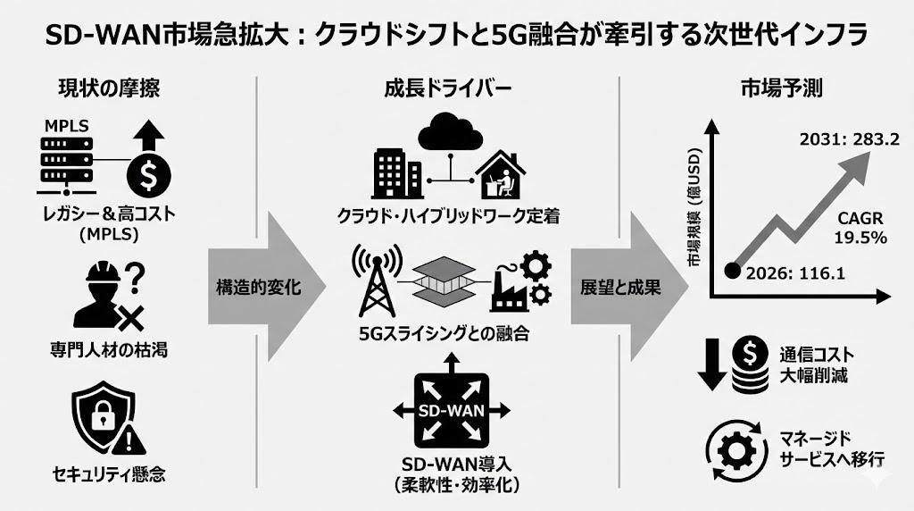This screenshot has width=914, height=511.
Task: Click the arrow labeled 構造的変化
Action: (x=260, y=288)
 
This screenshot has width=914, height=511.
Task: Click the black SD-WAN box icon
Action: (x=452, y=410)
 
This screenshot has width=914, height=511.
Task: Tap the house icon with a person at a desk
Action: (x=500, y=175)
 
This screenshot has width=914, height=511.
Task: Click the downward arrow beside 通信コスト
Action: (x=713, y=364)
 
